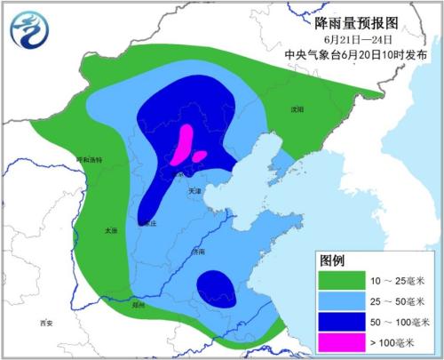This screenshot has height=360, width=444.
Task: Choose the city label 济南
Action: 197,252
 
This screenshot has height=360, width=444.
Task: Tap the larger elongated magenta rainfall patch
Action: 184,144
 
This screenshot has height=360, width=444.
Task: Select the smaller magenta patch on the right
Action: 200,156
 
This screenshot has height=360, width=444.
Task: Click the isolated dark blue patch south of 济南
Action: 218,288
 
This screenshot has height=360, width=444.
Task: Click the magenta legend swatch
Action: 343,343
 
